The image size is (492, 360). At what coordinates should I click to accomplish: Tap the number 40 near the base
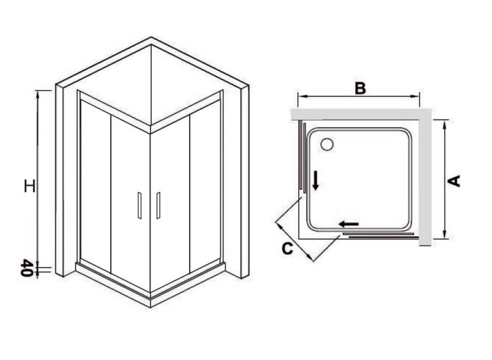tap(27, 268)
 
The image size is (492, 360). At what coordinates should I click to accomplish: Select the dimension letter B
tap(360, 88)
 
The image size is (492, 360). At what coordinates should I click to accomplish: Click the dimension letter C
tap(287, 248)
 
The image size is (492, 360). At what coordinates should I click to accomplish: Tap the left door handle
tap(140, 206)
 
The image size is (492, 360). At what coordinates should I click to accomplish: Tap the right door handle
tap(158, 205)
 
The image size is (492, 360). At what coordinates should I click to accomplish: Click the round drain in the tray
tap(327, 145)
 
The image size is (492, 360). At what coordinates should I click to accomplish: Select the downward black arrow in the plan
tap(316, 180)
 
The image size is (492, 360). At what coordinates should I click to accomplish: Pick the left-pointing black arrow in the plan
tap(349, 224)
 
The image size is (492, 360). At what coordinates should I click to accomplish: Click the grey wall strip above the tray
tap(361, 114)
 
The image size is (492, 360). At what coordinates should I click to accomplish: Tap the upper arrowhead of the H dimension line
tap(38, 94)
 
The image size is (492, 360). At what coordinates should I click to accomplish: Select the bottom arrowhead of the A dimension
tap(445, 235)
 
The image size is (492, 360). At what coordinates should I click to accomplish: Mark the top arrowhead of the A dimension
tap(445, 124)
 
